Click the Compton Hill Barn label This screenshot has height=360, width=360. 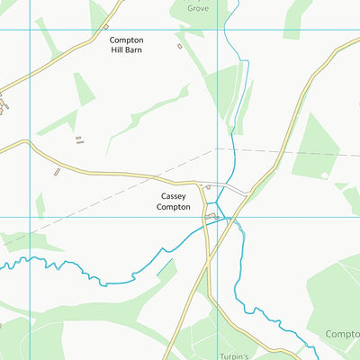pos(125,45)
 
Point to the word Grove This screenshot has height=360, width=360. pos(197,8)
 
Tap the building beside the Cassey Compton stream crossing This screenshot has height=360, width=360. pos(212,217)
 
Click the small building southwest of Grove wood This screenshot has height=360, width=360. pos(179,45)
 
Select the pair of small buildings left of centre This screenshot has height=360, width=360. pos(79,139)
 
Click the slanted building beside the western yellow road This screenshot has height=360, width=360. pos(57,169)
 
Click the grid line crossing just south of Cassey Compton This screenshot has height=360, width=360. pos(216,217)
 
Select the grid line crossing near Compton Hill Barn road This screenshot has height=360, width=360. pos(31,30)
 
